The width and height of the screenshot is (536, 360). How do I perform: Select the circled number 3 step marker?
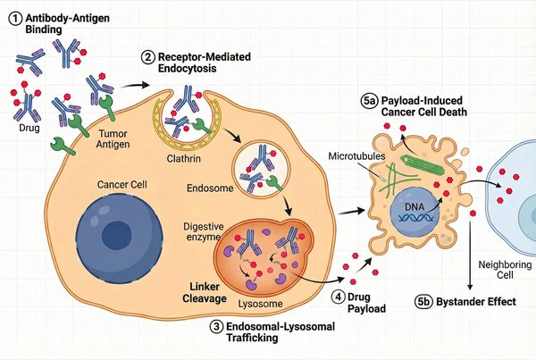coord(216,327)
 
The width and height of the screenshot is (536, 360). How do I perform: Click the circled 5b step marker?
coord(426,302)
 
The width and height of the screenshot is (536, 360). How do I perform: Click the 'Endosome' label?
coord(210,189)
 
